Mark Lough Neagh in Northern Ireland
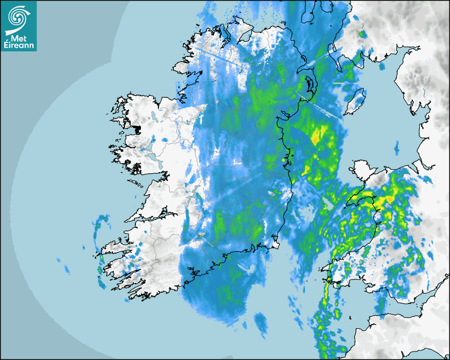(x=307, y=84)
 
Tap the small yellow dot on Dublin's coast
(x=284, y=159)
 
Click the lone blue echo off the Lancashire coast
(x=396, y=145)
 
